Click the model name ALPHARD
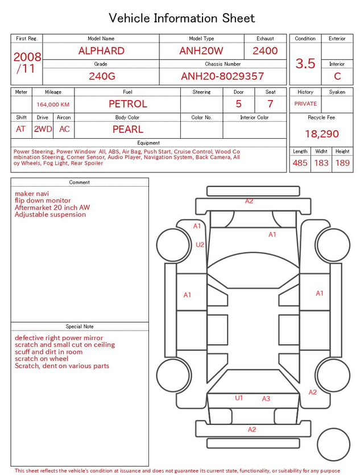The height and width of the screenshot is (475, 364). pyautogui.click(x=101, y=51)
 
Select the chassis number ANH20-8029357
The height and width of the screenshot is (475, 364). pyautogui.click(x=222, y=76)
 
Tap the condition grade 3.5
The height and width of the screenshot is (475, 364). pyautogui.click(x=305, y=64)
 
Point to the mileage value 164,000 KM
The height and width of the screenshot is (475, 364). pyautogui.click(x=53, y=105)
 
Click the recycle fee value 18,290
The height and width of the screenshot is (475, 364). pyautogui.click(x=321, y=134)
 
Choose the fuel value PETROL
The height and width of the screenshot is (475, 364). pyautogui.click(x=128, y=104)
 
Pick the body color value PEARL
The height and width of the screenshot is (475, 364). pyautogui.click(x=128, y=129)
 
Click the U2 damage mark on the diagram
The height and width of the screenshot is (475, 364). pyautogui.click(x=200, y=245)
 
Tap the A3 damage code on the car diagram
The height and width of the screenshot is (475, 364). pyautogui.click(x=266, y=399)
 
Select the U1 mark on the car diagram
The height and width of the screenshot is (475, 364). pyautogui.click(x=239, y=398)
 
